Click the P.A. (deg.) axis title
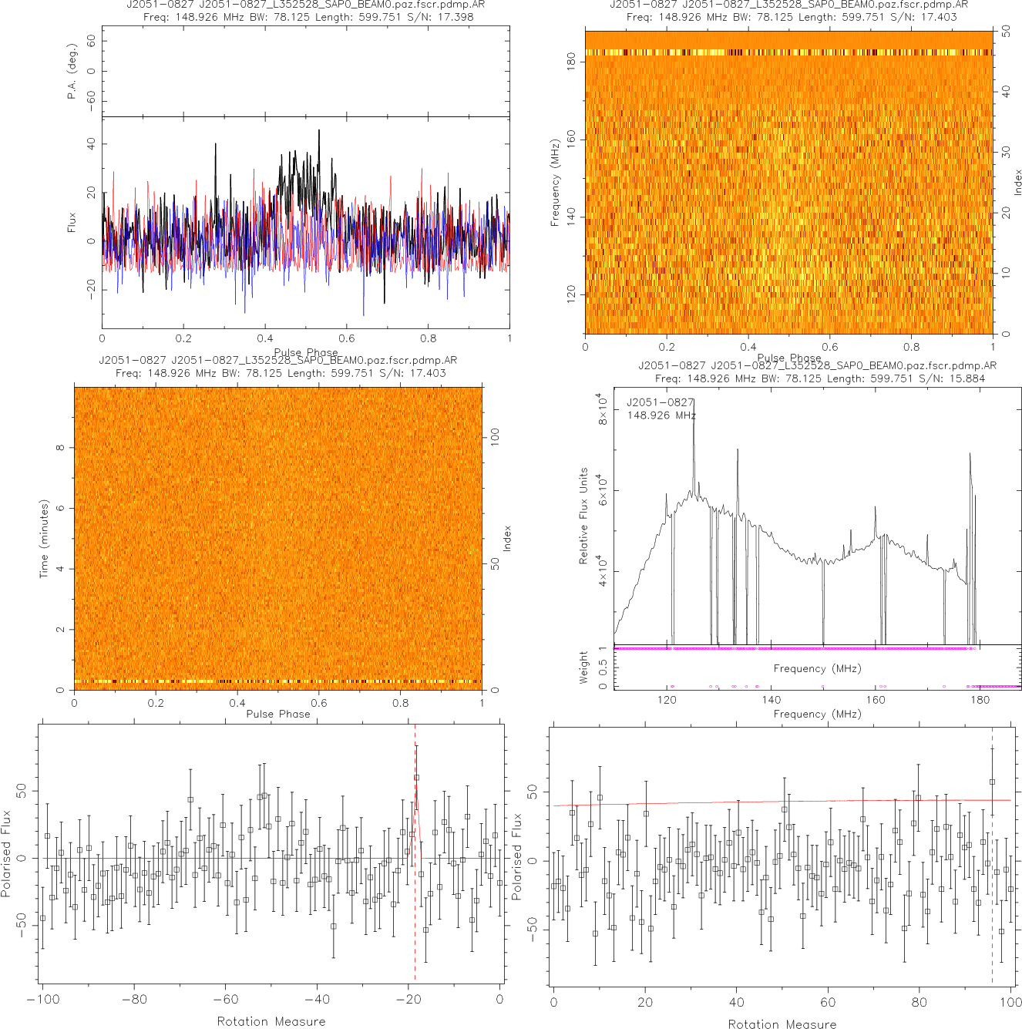(72, 71)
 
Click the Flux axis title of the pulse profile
(72, 223)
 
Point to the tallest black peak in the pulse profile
(318, 132)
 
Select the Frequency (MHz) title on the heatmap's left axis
(555, 183)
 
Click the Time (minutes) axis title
(44, 539)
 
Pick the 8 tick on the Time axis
(60, 448)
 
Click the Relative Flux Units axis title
(583, 516)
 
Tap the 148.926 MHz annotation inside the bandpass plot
(661, 415)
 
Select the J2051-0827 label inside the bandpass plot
(660, 402)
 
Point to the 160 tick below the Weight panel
(876, 700)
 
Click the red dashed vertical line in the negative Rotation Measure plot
(415, 886)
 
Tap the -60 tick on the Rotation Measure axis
(225, 1000)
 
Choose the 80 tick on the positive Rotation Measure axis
(919, 1002)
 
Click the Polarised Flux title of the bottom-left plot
(7, 852)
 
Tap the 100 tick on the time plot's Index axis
(495, 436)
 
